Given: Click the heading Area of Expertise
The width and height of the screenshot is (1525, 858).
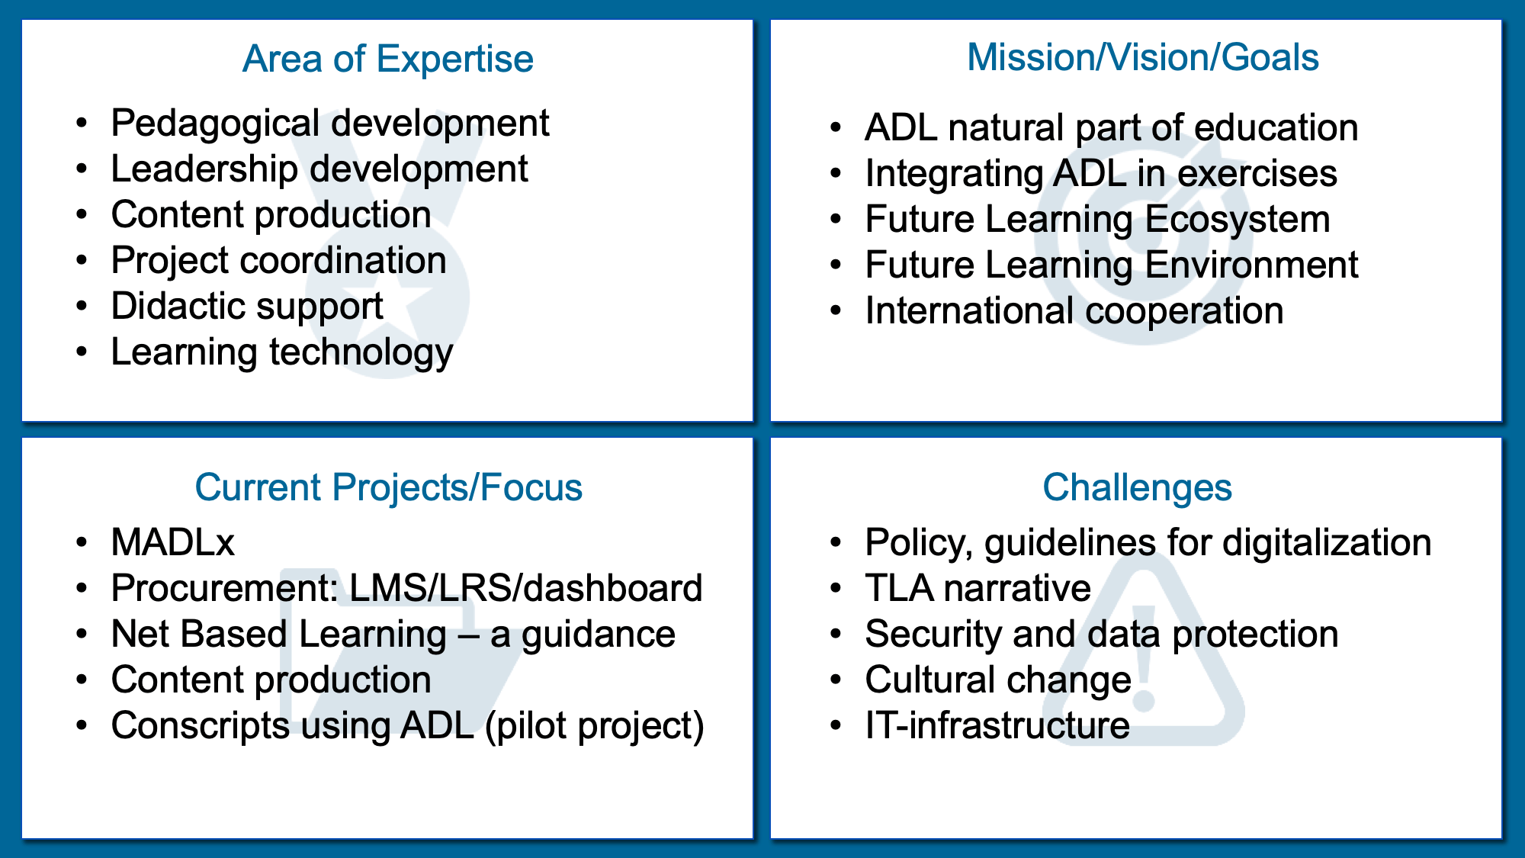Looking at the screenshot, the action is (x=387, y=59).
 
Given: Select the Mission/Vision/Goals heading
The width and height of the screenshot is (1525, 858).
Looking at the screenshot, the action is (x=1142, y=57).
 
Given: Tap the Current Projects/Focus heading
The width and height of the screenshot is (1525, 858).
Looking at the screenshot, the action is (x=388, y=487).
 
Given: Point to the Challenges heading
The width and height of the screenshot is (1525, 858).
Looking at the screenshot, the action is (x=1137, y=487).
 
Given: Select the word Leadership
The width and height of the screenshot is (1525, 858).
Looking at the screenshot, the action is (x=204, y=169).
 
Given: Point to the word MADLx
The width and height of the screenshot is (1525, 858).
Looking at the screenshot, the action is (x=173, y=542).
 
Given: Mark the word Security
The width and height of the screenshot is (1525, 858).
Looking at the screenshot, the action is (x=933, y=635).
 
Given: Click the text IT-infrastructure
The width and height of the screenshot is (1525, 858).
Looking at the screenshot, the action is (x=997, y=725).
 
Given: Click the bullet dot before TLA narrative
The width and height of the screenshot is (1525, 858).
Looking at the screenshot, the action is (x=836, y=589).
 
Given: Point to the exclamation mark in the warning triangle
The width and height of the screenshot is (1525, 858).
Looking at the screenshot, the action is (x=1145, y=657).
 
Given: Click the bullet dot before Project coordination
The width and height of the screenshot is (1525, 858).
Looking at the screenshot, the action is (x=82, y=261).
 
